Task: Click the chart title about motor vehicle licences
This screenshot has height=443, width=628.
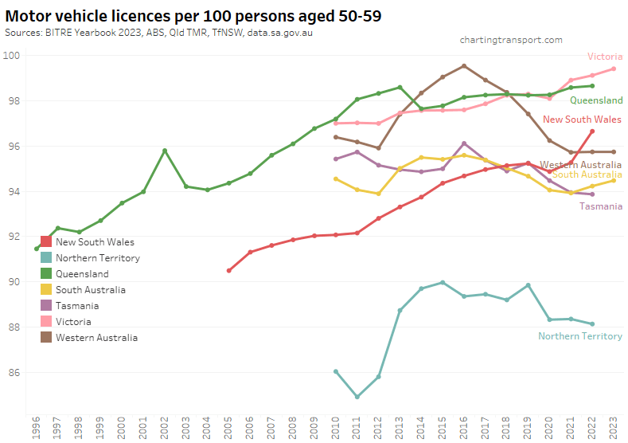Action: (197, 17)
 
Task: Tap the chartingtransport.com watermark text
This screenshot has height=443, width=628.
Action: (511, 40)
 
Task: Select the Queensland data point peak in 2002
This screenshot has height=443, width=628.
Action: (165, 151)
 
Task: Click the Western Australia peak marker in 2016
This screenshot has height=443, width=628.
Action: (464, 66)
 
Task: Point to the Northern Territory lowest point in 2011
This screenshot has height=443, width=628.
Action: (357, 397)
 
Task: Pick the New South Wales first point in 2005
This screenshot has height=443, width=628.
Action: (229, 271)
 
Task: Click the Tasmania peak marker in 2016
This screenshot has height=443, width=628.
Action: (464, 143)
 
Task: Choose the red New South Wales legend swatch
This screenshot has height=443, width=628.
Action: (46, 241)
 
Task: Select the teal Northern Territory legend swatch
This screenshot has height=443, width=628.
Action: (46, 257)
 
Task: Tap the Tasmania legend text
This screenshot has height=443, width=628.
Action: (77, 306)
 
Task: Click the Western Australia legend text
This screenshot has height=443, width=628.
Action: (96, 338)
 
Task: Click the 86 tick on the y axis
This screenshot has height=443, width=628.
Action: (14, 372)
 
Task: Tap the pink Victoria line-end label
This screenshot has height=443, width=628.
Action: (605, 57)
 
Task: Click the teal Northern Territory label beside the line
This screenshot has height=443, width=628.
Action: (579, 336)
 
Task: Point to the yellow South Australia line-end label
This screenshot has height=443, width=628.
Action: (587, 174)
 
